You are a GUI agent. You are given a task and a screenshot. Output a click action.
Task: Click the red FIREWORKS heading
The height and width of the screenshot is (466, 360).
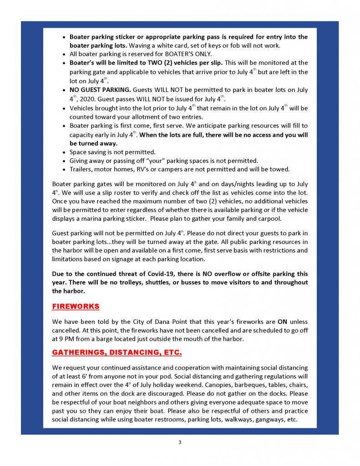pyautogui.click(x=76, y=307)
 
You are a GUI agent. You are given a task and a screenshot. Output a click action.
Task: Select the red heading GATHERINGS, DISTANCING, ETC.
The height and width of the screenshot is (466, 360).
pyautogui.click(x=117, y=353)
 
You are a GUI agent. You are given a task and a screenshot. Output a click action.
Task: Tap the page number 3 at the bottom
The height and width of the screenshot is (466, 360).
pyautogui.click(x=180, y=442)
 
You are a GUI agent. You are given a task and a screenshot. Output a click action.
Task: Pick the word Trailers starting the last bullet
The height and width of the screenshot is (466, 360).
pyautogui.click(x=81, y=169)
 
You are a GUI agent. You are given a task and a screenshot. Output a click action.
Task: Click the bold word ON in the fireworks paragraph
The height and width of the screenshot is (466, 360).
pyautogui.click(x=282, y=322)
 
